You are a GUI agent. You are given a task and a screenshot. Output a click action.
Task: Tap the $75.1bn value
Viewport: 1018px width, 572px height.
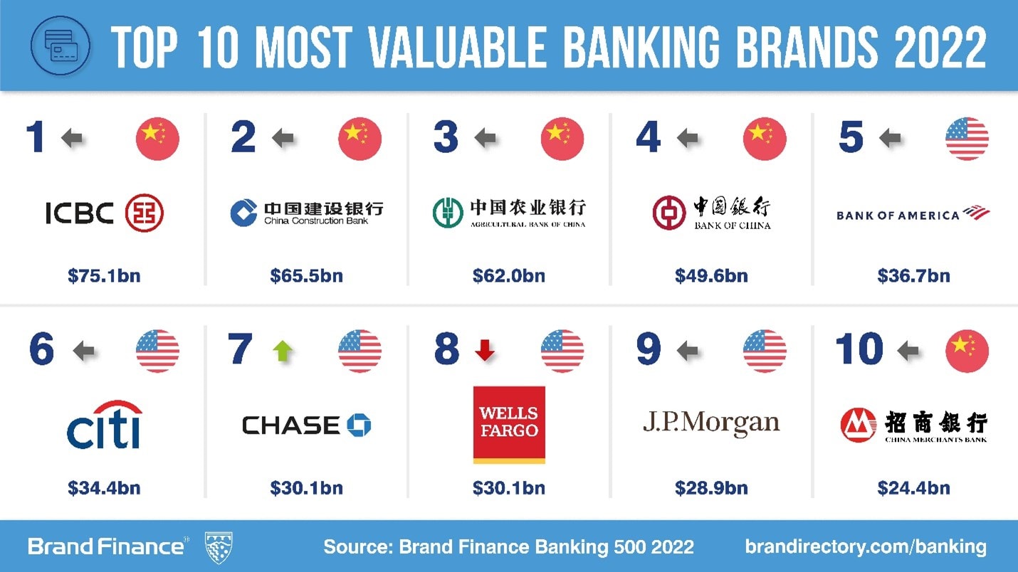104,276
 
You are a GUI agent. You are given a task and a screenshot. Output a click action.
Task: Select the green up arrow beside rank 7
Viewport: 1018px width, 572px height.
283,351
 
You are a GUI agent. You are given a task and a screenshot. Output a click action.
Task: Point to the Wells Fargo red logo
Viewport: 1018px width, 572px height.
509,425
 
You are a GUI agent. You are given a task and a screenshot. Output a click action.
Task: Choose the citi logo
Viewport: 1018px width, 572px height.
104,425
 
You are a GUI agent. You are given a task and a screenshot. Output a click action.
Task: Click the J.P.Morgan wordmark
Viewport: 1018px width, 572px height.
711,423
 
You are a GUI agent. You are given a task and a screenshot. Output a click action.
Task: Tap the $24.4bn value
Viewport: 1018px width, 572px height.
913,488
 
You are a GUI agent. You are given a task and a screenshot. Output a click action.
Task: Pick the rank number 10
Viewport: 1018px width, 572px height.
859,350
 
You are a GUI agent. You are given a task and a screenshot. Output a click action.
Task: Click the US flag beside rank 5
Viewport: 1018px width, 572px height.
967,139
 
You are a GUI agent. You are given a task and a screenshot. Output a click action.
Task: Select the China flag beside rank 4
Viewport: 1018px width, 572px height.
765,139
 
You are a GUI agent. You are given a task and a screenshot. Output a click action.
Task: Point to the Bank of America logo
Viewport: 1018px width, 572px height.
913,213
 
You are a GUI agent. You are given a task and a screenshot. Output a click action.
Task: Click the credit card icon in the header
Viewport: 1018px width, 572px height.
61,46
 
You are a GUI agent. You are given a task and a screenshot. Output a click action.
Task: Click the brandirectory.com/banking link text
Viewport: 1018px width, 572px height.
866,546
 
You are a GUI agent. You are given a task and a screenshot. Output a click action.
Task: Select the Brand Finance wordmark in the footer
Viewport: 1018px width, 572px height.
106,546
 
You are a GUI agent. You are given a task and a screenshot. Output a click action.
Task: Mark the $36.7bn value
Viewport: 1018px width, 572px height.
913,276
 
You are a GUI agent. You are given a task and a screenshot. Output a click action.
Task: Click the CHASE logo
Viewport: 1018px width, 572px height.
306,425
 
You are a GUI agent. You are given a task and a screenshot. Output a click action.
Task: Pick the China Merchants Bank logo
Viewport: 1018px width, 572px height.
913,425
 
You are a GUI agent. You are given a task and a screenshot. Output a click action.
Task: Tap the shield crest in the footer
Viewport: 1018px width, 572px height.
219,547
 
